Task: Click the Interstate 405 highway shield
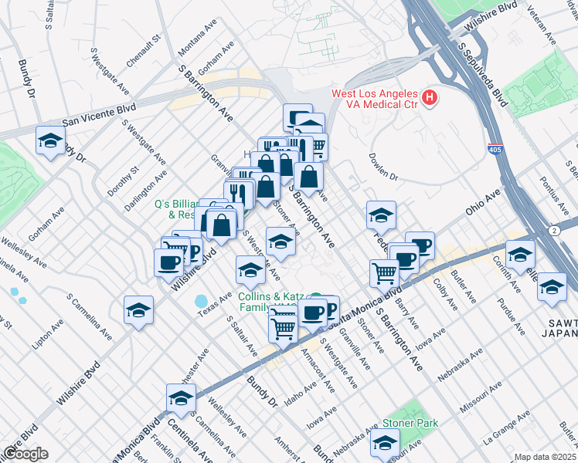495,152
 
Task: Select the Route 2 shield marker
556,230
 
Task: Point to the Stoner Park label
410,423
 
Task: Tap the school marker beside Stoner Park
384,442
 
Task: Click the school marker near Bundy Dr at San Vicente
50,141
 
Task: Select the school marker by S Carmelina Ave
138,310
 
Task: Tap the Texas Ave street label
215,300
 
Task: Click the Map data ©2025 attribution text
545,457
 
